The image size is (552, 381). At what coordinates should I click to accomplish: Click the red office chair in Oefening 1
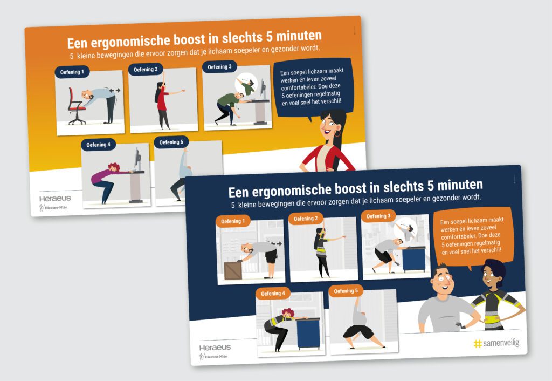(x=77, y=105)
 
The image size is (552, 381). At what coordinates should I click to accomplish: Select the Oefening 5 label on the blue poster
(x=346, y=291)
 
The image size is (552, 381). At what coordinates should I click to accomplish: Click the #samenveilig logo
(x=496, y=343)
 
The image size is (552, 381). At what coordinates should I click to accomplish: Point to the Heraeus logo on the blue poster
(x=215, y=348)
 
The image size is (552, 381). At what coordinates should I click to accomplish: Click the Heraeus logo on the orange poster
(x=54, y=198)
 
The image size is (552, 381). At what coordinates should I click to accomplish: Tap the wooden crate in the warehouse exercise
(x=233, y=270)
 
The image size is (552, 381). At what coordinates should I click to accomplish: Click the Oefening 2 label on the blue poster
(x=305, y=219)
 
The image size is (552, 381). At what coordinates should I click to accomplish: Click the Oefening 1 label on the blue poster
(x=232, y=221)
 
